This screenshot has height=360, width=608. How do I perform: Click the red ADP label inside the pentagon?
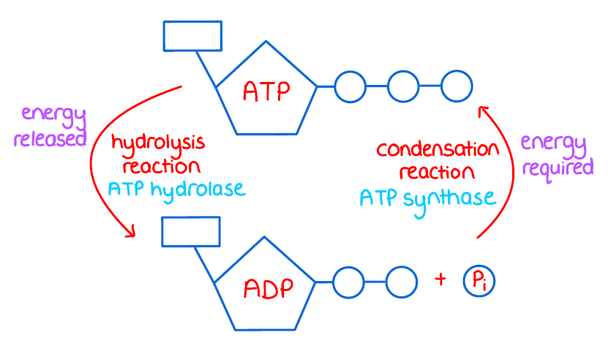coord(268,287)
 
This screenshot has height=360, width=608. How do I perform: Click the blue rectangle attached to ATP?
coord(192,36)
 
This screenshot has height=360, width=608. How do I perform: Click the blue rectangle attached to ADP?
coord(190,232)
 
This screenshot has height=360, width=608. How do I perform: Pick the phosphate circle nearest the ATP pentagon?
coord(350,86)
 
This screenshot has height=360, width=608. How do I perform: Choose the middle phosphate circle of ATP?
coord(403,86)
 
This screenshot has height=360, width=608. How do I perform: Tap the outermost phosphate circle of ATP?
coord(456,86)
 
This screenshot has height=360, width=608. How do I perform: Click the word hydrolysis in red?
coord(157,142)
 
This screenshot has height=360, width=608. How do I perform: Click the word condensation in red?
coord(438,151)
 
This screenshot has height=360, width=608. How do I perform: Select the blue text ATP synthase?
coord(428,197)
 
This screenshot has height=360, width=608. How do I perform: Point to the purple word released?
coord(50,138)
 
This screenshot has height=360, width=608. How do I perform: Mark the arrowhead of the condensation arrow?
coord(482,110)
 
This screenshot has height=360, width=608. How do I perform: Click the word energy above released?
coord(53,115)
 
